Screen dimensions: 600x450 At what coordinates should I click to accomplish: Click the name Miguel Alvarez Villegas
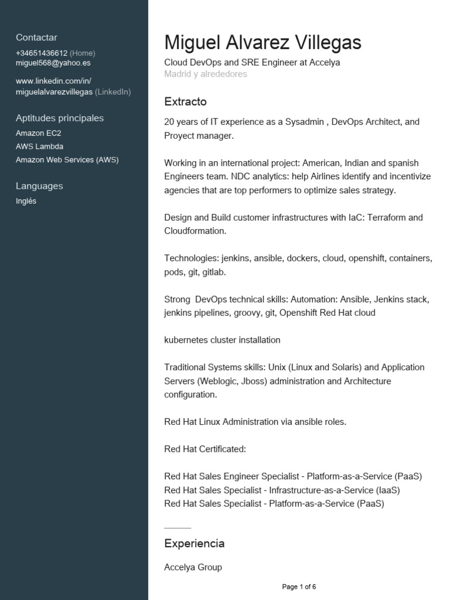pos(262,43)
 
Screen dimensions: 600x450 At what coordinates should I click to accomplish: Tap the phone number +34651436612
pos(42,53)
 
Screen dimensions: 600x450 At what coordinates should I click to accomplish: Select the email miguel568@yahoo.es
pos(53,63)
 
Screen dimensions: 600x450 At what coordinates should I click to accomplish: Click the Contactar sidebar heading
pos(36,37)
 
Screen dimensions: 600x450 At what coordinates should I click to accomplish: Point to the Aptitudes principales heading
pos(60,118)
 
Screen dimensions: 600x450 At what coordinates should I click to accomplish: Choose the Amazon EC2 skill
pos(38,133)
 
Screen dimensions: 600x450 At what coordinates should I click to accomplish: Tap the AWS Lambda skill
pos(39,146)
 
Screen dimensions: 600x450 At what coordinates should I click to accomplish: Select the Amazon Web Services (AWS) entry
pos(67,159)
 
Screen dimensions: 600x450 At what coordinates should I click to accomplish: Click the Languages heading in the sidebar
pos(39,186)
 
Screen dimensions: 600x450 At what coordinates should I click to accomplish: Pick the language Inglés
pos(26,201)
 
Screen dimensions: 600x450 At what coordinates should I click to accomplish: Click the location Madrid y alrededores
pos(206,74)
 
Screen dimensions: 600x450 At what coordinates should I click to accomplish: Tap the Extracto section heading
pos(185,102)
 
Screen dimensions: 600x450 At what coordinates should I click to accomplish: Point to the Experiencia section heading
pos(194,543)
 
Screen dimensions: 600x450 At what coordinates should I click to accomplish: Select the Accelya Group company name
pos(193,567)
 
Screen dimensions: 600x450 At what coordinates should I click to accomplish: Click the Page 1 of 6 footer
pos(299,587)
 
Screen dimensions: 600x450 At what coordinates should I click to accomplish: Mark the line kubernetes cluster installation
pos(222,340)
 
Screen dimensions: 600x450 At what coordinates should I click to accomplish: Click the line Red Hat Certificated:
pos(205,449)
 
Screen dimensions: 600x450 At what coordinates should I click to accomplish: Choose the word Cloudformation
pos(195,231)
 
